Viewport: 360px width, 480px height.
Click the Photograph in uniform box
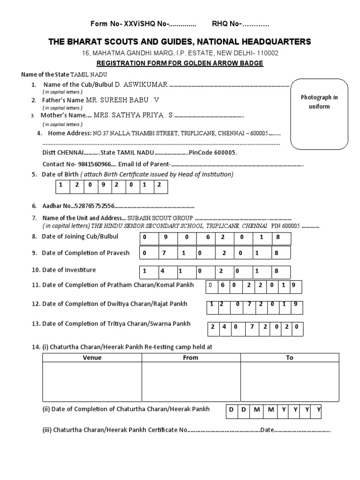click(x=319, y=113)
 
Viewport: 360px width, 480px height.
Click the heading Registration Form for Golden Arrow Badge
click(x=180, y=63)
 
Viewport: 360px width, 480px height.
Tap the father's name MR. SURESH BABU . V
click(x=122, y=100)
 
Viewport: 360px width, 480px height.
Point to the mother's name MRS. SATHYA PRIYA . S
click(x=133, y=115)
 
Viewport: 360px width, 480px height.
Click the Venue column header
click(x=92, y=358)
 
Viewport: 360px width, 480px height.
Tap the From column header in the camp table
click(x=191, y=358)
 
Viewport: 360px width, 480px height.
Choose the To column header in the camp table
click(x=290, y=358)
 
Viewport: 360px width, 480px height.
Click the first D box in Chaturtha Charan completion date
click(x=231, y=411)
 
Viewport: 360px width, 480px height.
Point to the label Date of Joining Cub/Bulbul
click(x=80, y=236)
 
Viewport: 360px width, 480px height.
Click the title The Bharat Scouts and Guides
click(x=180, y=42)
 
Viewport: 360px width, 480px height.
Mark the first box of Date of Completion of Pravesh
click(x=146, y=254)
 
